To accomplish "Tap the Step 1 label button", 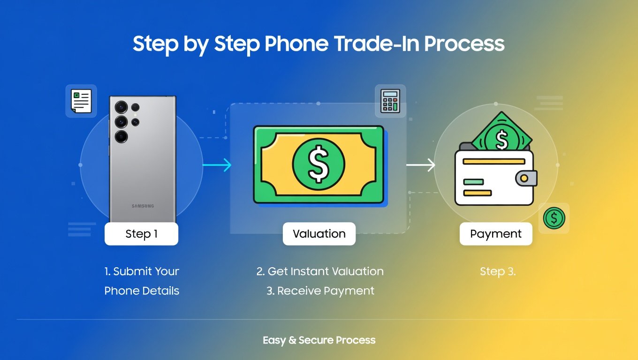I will (x=141, y=234).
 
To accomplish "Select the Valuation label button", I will (x=319, y=234).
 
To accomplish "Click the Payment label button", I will (x=495, y=234).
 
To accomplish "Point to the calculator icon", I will (x=390, y=101).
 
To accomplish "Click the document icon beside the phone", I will (x=81, y=101).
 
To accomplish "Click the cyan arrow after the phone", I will (x=217, y=165).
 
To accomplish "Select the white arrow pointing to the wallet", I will (x=421, y=165).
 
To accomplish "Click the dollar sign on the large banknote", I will (x=319, y=164).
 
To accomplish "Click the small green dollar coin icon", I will (x=554, y=218).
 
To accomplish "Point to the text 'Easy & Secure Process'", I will (x=319, y=340).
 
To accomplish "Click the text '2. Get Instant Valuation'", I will (x=320, y=271).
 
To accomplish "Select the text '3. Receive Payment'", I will (x=320, y=291).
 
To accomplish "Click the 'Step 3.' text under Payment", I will (x=498, y=271).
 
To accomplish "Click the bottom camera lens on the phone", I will (x=122, y=136).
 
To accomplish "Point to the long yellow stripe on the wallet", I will (x=494, y=161).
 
